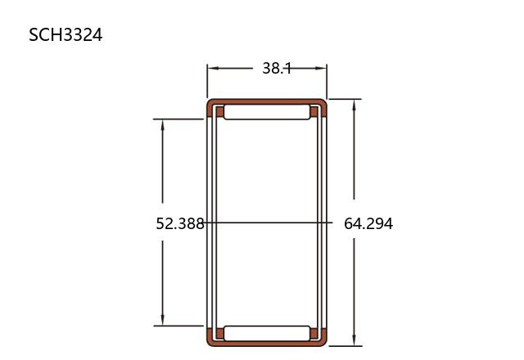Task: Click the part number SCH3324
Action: pyautogui.click(x=65, y=34)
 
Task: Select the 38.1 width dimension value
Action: pyautogui.click(x=277, y=68)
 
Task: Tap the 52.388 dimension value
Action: pyautogui.click(x=180, y=223)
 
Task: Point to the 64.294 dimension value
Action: pyautogui.click(x=368, y=223)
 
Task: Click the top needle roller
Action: pyautogui.click(x=267, y=112)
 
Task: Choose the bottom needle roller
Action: pyautogui.click(x=267, y=333)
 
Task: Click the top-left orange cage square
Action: pyautogui.click(x=219, y=111)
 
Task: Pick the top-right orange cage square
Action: pyautogui.click(x=314, y=111)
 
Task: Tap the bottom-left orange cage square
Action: pyautogui.click(x=219, y=333)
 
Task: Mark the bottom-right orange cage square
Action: pyautogui.click(x=314, y=333)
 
